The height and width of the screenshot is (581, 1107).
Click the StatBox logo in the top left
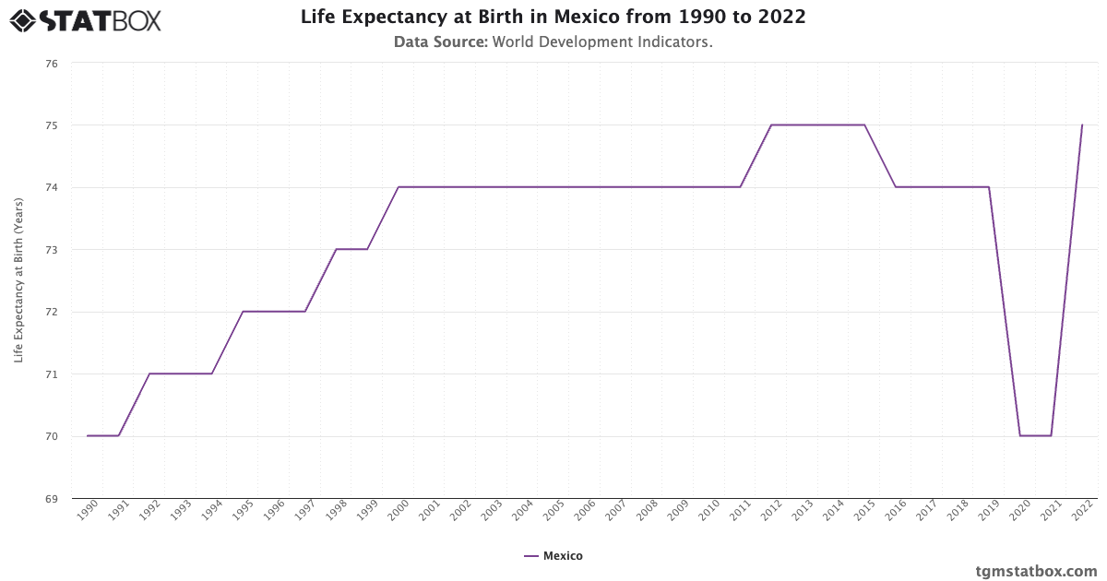(x=86, y=20)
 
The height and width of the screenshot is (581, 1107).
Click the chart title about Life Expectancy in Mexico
(x=553, y=18)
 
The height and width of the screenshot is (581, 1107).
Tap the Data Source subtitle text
(x=553, y=41)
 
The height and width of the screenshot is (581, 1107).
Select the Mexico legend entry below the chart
(x=553, y=556)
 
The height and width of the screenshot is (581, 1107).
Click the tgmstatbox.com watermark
(x=1036, y=571)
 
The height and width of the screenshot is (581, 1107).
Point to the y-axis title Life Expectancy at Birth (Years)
(x=18, y=280)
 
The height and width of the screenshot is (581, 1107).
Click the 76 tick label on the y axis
(x=51, y=64)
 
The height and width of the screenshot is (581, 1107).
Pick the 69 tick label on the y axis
(x=51, y=499)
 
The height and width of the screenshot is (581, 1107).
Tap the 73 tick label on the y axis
(x=51, y=250)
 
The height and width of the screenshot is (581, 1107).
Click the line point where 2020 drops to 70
(x=1019, y=436)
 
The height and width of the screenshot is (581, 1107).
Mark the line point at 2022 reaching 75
(x=1082, y=125)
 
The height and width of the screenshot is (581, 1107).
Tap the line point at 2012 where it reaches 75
(x=771, y=125)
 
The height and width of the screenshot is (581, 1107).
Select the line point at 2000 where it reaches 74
(x=398, y=187)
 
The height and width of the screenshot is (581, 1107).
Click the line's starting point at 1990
(x=88, y=436)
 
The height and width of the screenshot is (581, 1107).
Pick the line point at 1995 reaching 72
(x=243, y=312)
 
